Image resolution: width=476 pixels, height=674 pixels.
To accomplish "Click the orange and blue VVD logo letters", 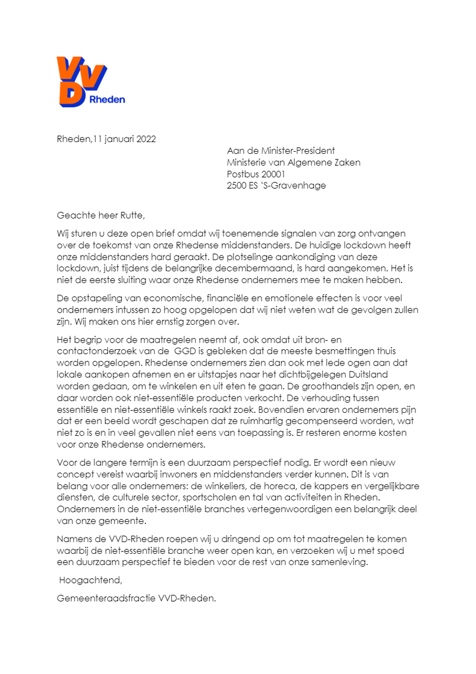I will (x=81, y=79).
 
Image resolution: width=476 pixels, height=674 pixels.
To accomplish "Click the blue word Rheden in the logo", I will (x=107, y=100).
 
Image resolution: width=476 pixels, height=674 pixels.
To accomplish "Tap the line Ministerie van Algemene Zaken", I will (x=294, y=162).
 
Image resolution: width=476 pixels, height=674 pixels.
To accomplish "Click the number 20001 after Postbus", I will (x=273, y=174).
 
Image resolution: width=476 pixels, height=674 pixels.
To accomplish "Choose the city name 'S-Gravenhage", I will (x=297, y=185).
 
